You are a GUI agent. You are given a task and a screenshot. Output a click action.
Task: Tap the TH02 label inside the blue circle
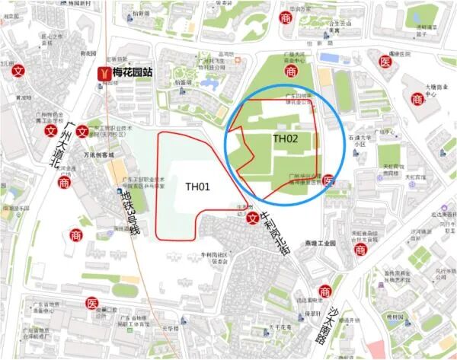tap(285, 139)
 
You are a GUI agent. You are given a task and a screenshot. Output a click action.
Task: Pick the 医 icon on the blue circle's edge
tap(328, 180)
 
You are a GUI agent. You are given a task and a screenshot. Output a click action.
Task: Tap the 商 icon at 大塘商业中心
tap(417, 98)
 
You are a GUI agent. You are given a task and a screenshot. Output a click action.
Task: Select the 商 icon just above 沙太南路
tap(325, 292)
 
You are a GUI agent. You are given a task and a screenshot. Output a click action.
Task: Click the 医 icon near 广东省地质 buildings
tap(91, 304)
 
